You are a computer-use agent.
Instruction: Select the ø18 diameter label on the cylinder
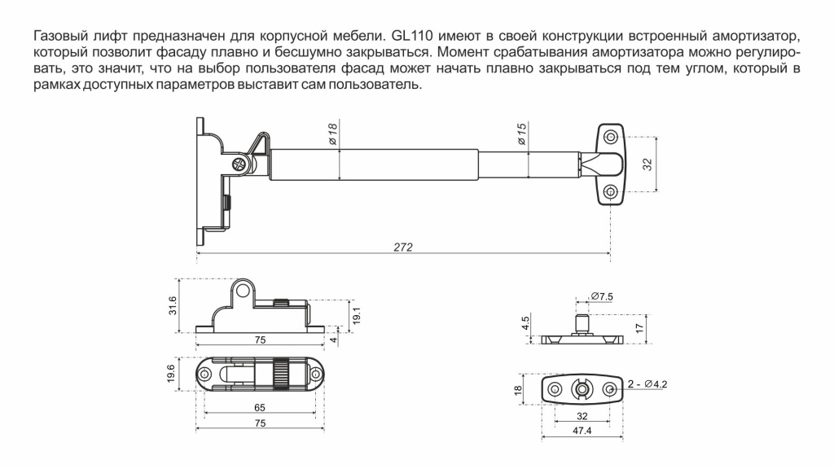pyautogui.click(x=333, y=134)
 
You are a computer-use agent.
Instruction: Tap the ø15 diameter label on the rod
pyautogui.click(x=522, y=134)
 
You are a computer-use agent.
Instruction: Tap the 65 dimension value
pyautogui.click(x=259, y=406)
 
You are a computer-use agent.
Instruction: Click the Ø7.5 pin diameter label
pyautogui.click(x=601, y=295)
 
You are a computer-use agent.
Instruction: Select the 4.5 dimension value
pyautogui.click(x=526, y=322)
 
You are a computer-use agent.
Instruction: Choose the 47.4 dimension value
pyautogui.click(x=582, y=431)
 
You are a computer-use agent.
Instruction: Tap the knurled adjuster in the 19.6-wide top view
pyautogui.click(x=279, y=374)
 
